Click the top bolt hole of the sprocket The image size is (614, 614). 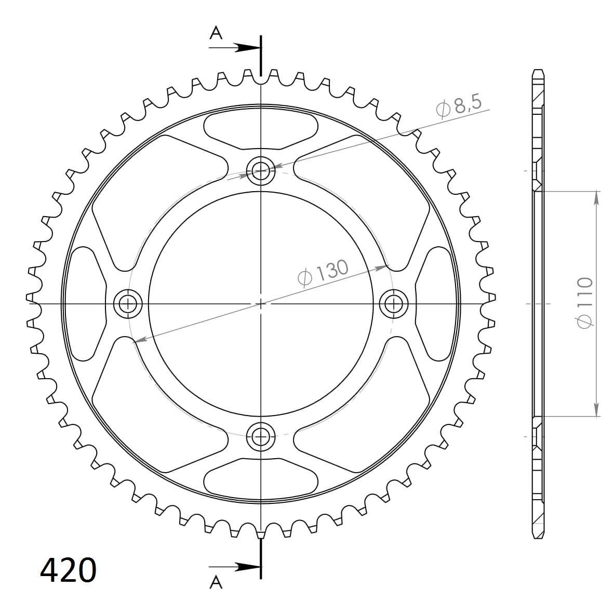(260, 169)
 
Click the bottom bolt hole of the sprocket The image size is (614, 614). (260, 437)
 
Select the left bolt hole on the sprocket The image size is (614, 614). (127, 303)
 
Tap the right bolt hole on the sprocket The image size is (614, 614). (394, 303)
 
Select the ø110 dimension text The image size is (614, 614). (585, 303)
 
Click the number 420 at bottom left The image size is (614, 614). (68, 570)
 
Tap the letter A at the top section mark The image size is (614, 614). (216, 33)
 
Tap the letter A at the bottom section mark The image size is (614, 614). (216, 583)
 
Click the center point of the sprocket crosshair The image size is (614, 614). (261, 303)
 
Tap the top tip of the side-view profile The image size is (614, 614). (538, 71)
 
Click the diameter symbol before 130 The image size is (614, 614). (304, 278)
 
